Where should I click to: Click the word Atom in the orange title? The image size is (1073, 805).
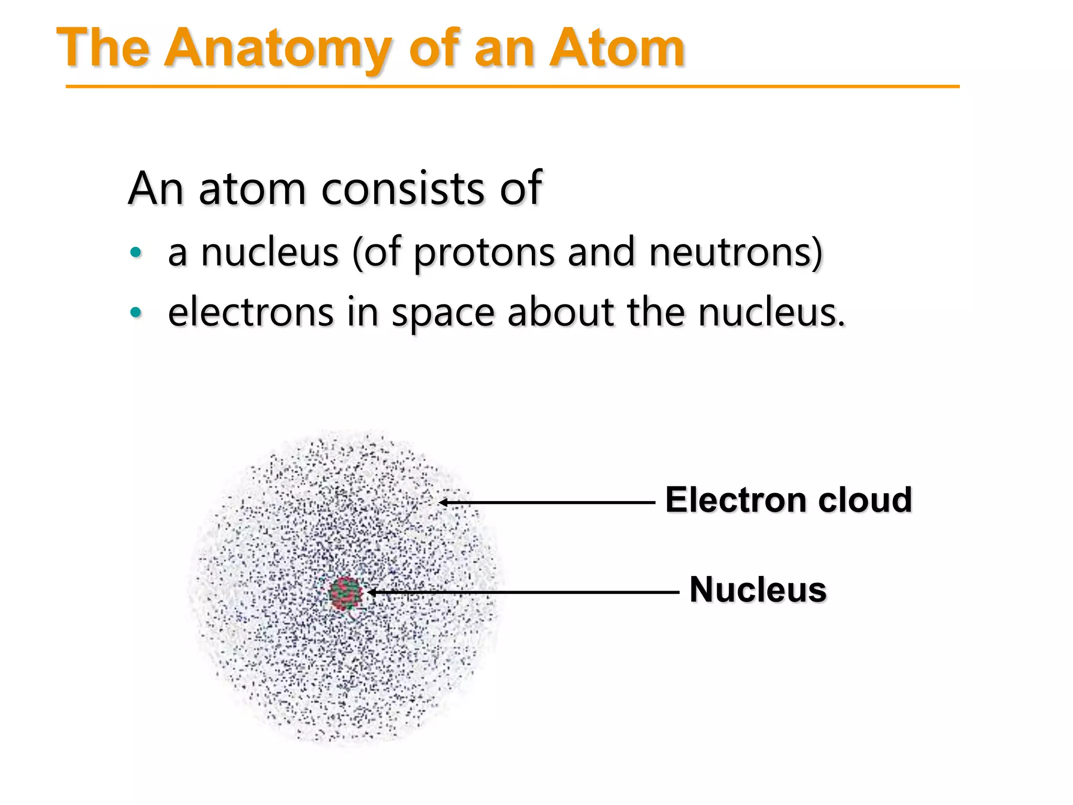coord(617,48)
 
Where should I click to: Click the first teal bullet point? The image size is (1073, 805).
coord(136,253)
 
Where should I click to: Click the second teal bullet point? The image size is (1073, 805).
coord(136,313)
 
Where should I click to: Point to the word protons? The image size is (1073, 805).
coord(484,253)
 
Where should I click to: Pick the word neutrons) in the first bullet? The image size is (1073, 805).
coord(736,253)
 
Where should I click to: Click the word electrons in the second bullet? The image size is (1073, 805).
coord(250,313)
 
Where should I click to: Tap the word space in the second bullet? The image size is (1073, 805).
coord(443,313)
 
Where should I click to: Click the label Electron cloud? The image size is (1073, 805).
coord(789,499)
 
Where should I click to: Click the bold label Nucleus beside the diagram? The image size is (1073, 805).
coord(758,590)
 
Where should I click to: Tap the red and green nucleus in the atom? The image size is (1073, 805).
coord(346,594)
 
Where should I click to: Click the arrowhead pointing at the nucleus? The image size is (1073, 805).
coord(371,592)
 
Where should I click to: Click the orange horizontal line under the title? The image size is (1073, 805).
coord(512,86)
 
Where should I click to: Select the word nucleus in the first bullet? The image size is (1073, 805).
coord(269,253)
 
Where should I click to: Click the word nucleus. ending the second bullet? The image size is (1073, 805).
coord(771,313)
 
